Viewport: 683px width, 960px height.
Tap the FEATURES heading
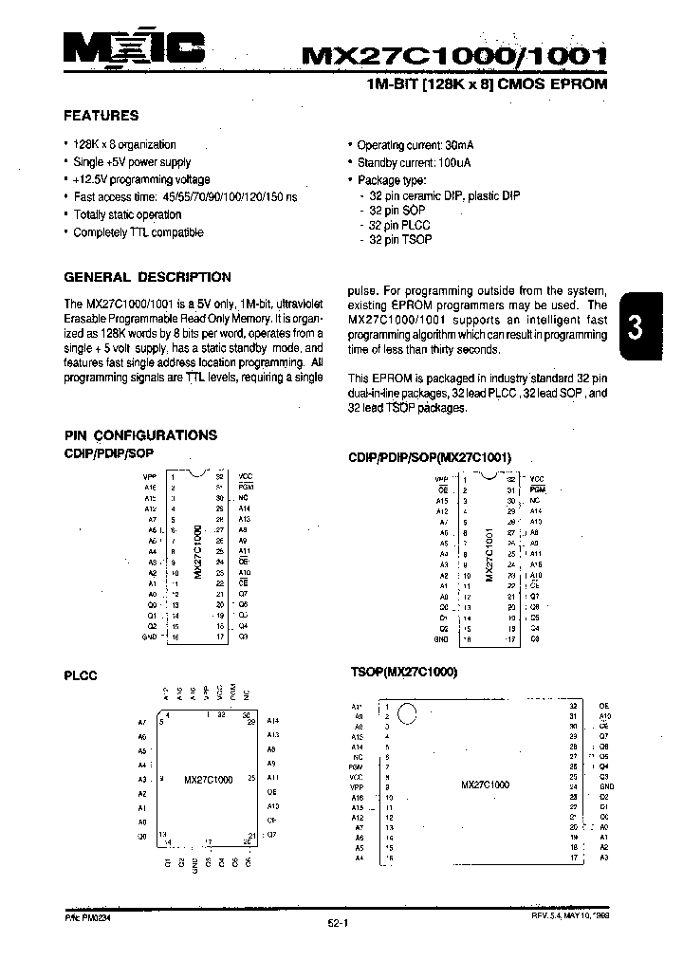coord(101,116)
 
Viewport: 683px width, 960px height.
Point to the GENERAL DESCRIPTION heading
coord(147,277)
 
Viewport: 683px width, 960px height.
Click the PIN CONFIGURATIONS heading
coord(140,434)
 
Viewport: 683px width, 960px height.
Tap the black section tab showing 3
coord(637,327)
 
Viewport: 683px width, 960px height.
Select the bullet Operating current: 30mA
coord(415,145)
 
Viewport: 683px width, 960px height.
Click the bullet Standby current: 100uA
coord(415,162)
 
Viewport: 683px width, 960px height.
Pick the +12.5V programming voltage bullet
coord(141,179)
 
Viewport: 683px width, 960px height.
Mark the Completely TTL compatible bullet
coord(138,232)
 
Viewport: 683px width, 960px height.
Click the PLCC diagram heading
coord(81,675)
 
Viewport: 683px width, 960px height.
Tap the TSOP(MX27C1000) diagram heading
coord(404,673)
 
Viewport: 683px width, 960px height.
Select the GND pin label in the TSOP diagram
coord(607,786)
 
